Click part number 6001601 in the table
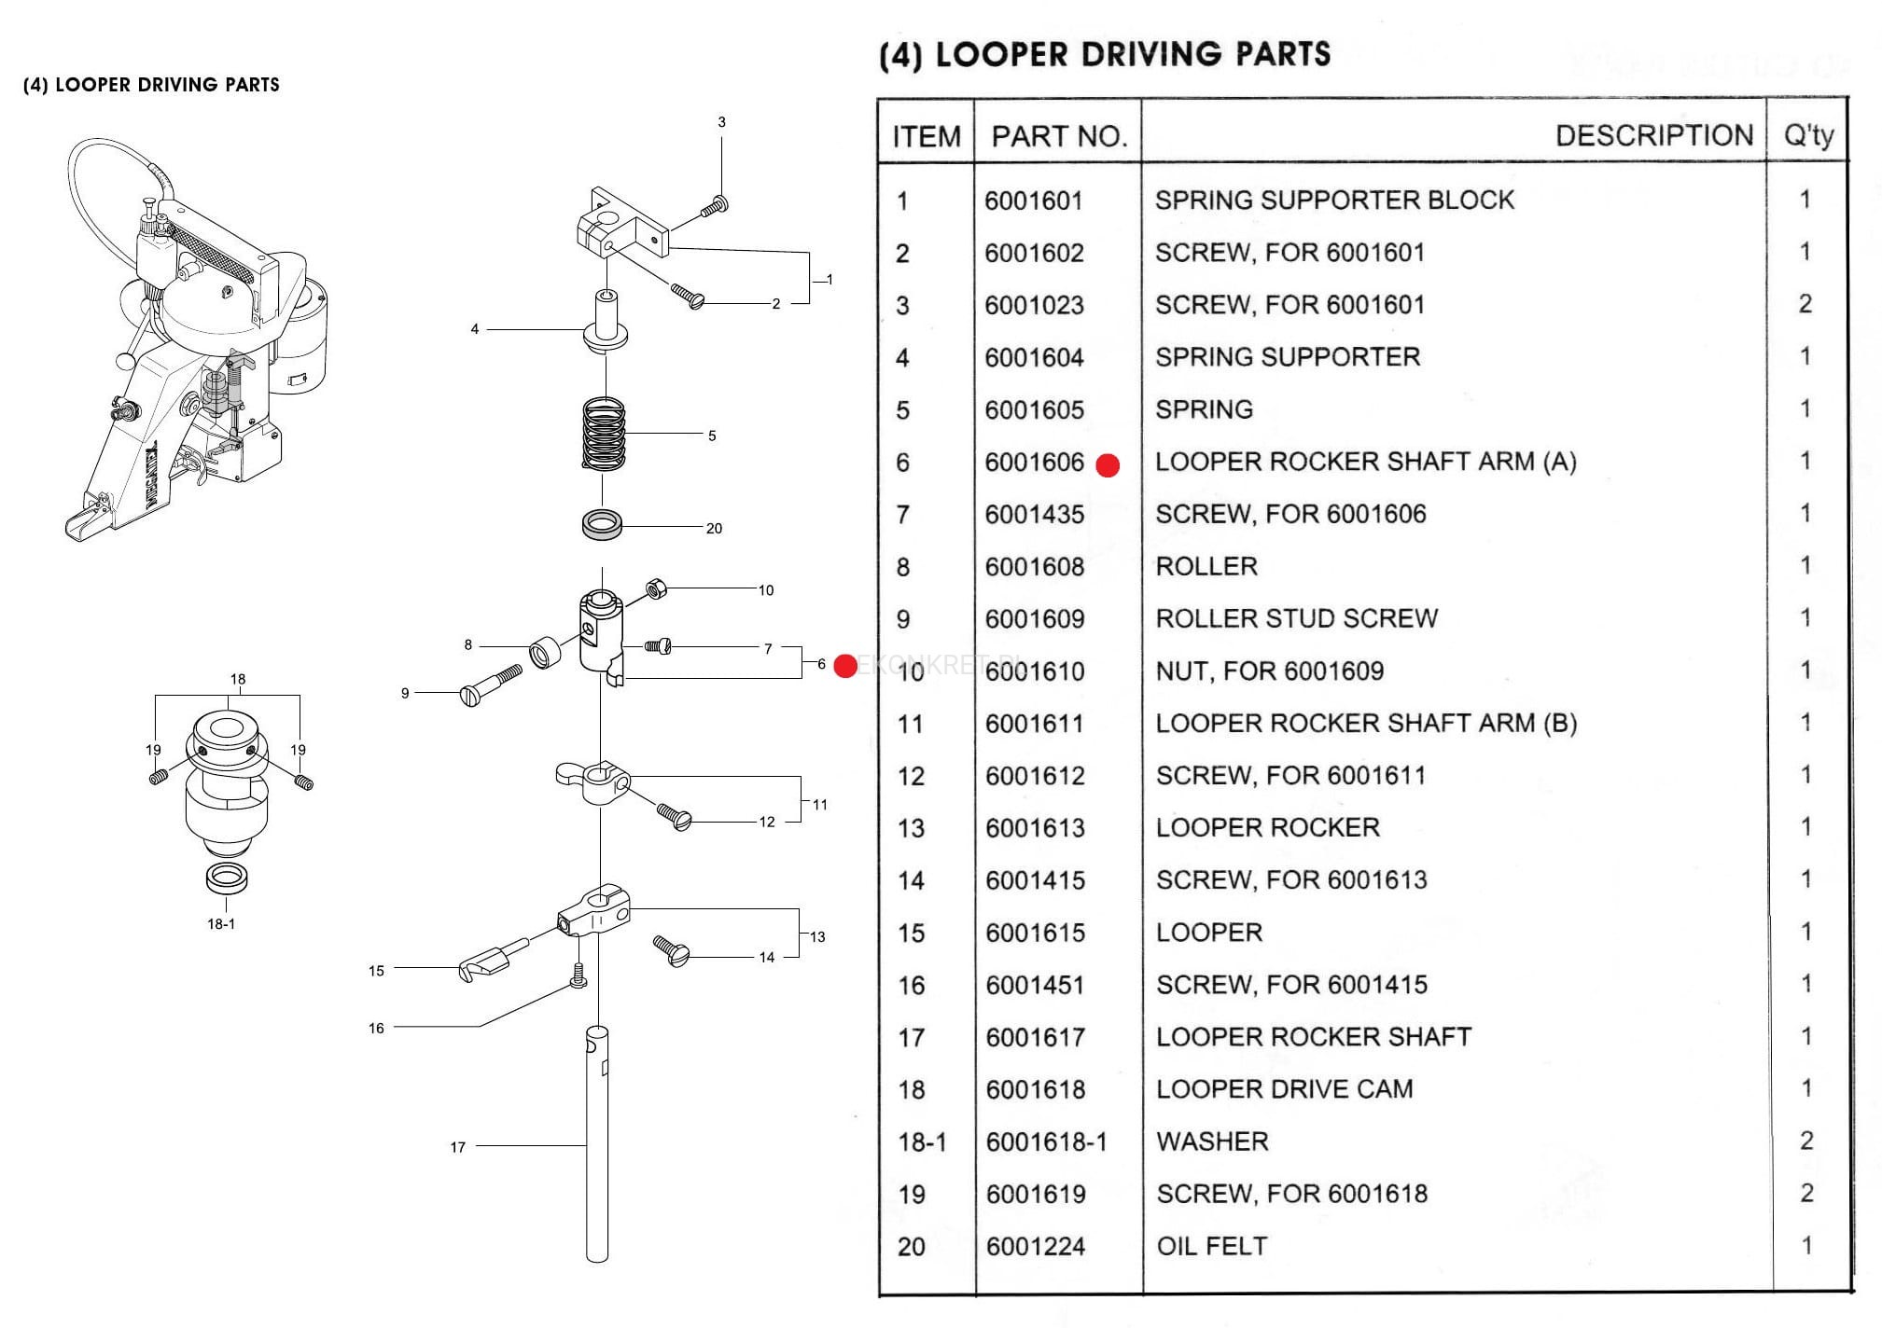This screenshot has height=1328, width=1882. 1033,201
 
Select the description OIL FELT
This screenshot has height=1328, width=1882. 1211,1246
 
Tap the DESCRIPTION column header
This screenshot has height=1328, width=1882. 1653,136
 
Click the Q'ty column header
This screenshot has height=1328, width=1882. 1807,136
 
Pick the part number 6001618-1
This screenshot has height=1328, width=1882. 1046,1141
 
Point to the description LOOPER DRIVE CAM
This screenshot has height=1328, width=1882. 1284,1089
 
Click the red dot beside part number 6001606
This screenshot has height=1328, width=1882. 1108,465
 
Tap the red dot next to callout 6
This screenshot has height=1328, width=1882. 845,666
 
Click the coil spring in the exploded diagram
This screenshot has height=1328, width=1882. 604,435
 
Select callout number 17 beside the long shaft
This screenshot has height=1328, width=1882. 457,1147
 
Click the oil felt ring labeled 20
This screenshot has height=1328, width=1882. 603,524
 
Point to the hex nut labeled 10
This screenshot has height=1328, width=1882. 656,588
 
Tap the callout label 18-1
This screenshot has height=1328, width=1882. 221,924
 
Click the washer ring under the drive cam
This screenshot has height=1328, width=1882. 227,878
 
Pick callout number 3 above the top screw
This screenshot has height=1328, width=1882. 721,122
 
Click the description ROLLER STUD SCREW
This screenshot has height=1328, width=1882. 1296,618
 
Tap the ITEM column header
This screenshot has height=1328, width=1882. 926,137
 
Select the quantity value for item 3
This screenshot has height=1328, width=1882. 1805,304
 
